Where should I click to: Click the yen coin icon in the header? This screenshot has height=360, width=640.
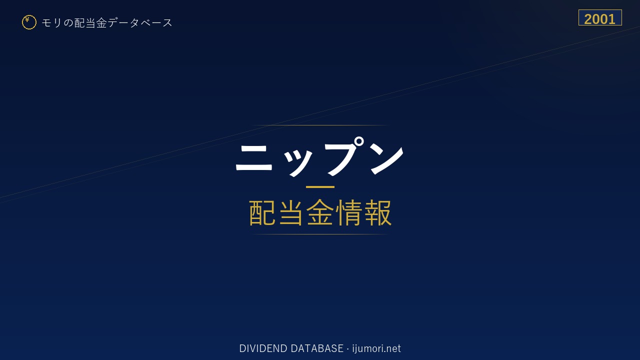29,22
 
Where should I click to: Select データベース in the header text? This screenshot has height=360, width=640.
140,23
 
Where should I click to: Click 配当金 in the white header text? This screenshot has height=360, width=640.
90,23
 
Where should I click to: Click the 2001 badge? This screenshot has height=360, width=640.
600,17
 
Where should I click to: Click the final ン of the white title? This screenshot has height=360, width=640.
387,160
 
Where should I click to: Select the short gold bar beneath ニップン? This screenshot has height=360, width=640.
320,187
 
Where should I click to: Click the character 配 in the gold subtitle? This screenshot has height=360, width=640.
262,213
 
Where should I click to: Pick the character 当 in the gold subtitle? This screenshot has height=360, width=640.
291,213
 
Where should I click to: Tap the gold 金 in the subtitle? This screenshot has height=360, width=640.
320,212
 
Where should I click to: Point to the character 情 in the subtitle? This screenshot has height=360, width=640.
349,213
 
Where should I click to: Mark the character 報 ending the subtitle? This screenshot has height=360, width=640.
377,213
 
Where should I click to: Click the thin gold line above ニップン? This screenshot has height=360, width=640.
320,125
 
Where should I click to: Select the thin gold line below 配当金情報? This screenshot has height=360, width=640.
320,234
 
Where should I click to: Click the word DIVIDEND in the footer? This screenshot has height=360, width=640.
263,348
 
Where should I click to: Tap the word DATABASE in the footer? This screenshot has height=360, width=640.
317,348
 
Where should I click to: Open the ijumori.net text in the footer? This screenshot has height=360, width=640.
376,348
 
